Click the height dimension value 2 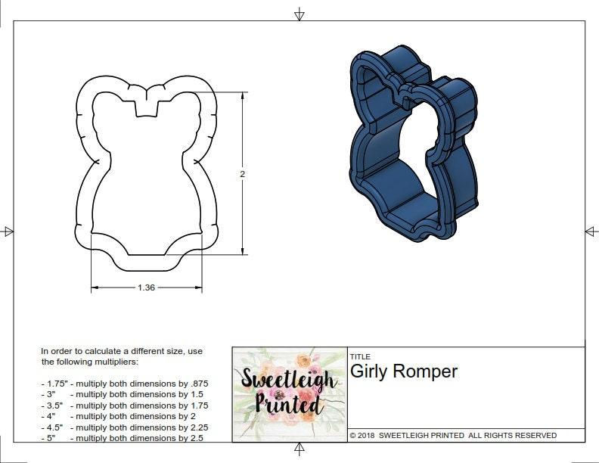(243, 174)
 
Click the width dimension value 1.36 (147, 287)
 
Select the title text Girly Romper (403, 371)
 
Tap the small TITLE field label (360, 356)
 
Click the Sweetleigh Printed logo (289, 394)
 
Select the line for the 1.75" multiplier (124, 384)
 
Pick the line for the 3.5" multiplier (124, 406)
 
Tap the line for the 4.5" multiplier (124, 427)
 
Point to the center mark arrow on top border (299, 14)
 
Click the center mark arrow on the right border (591, 231)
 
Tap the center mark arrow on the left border (8, 231)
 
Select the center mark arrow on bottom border (299, 449)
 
